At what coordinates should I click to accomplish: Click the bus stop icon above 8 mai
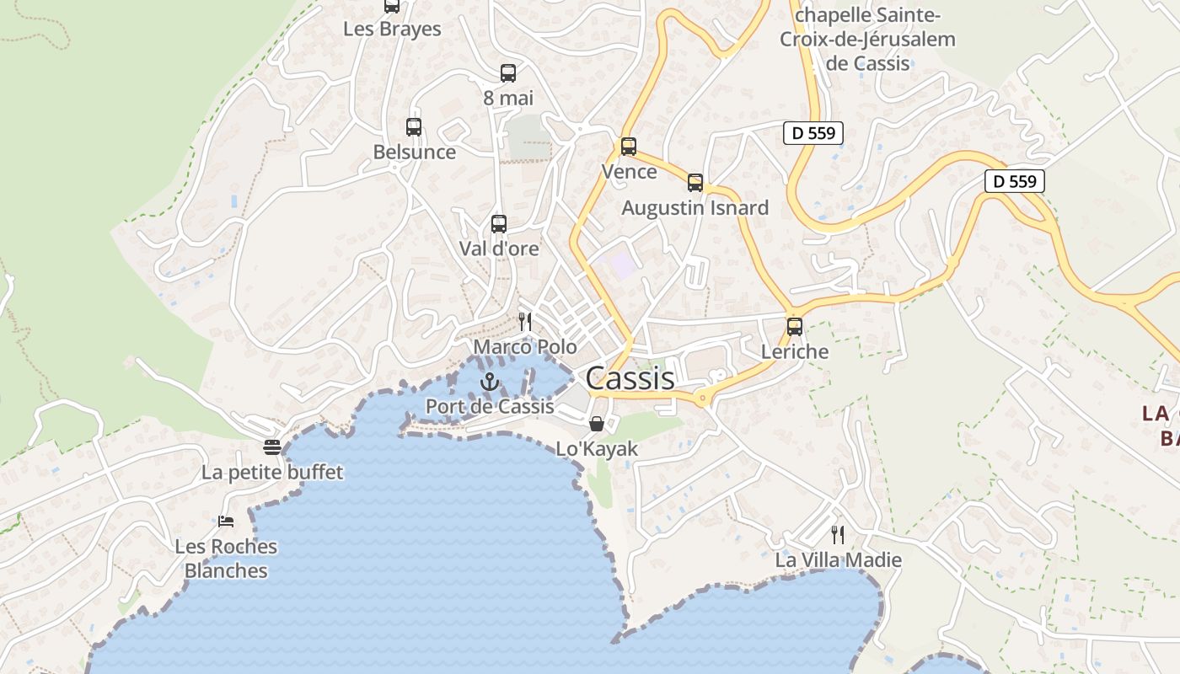pyautogui.click(x=507, y=73)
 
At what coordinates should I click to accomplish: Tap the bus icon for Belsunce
pyautogui.click(x=414, y=127)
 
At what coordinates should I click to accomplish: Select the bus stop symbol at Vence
pyautogui.click(x=628, y=147)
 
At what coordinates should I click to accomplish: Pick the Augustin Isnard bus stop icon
pyautogui.click(x=695, y=183)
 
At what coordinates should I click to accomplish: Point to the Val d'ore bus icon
pyautogui.click(x=499, y=224)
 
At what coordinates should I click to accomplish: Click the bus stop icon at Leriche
pyautogui.click(x=795, y=327)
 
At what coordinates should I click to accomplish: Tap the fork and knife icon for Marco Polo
pyautogui.click(x=525, y=321)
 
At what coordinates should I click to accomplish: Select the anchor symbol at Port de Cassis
pyautogui.click(x=490, y=382)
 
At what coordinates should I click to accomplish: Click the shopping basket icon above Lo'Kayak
pyautogui.click(x=597, y=423)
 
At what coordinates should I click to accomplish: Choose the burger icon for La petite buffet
pyautogui.click(x=271, y=447)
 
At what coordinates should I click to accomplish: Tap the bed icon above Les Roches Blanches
pyautogui.click(x=226, y=522)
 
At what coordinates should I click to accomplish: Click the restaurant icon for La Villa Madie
pyautogui.click(x=838, y=534)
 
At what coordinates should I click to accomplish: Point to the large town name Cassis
pyautogui.click(x=630, y=378)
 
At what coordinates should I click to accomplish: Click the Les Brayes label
pyautogui.click(x=392, y=29)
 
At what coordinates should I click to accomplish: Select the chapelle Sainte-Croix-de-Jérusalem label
pyautogui.click(x=867, y=39)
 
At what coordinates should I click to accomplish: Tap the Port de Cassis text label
pyautogui.click(x=490, y=406)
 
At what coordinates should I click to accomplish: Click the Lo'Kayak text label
pyautogui.click(x=597, y=449)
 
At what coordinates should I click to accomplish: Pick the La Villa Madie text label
pyautogui.click(x=838, y=560)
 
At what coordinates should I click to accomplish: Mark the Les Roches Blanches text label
pyautogui.click(x=226, y=558)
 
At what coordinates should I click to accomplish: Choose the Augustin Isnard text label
pyautogui.click(x=695, y=208)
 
